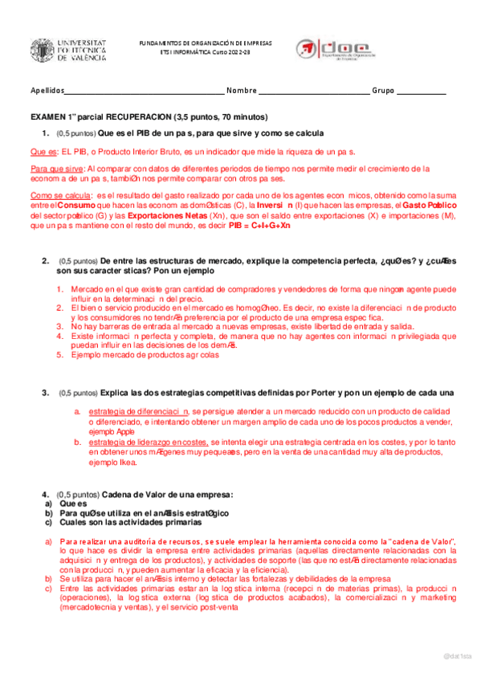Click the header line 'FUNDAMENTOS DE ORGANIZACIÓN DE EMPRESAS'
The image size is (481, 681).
(x=206, y=42)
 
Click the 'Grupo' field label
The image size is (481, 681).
(x=383, y=90)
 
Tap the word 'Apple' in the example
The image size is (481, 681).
(x=124, y=431)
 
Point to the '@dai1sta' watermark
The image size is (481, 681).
(x=458, y=656)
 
